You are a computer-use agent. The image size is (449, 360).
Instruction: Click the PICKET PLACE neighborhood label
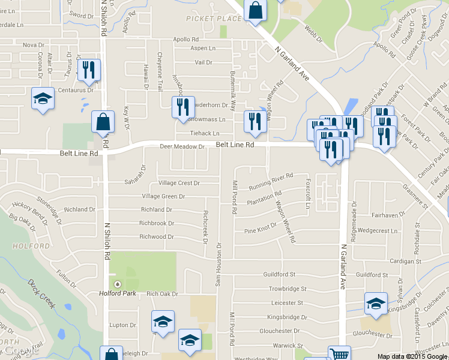tap(214, 19)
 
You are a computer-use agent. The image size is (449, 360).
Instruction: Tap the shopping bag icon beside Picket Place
tap(256, 11)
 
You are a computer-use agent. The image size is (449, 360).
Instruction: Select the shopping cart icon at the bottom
tap(339, 354)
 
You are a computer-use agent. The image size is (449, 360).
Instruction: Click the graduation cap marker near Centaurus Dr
tap(43, 98)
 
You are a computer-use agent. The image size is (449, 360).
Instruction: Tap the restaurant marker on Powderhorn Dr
tap(183, 107)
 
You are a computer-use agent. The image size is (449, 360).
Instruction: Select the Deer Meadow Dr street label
tap(182, 146)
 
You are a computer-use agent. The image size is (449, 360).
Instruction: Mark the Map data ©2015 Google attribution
tap(412, 356)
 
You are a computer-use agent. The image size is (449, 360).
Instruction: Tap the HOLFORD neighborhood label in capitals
tap(30, 246)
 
